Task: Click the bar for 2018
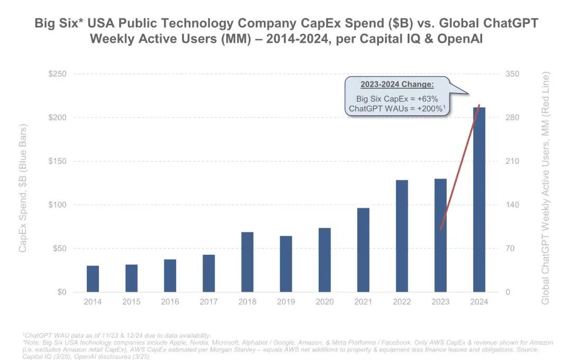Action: coord(247,262)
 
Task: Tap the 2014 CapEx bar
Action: coord(93,279)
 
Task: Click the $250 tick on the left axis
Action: coord(58,74)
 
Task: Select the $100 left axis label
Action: coord(58,205)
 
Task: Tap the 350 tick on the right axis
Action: coord(513,74)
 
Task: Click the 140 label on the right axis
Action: coord(513,205)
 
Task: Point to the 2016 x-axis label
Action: coord(170,302)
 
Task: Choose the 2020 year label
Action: coord(325,302)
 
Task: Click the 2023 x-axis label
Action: coord(440,302)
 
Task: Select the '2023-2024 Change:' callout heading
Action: coord(397,85)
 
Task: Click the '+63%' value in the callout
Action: coord(427,99)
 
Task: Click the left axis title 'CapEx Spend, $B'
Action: coord(23,188)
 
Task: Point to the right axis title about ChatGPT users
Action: coord(546,188)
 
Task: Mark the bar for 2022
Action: coord(402,236)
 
